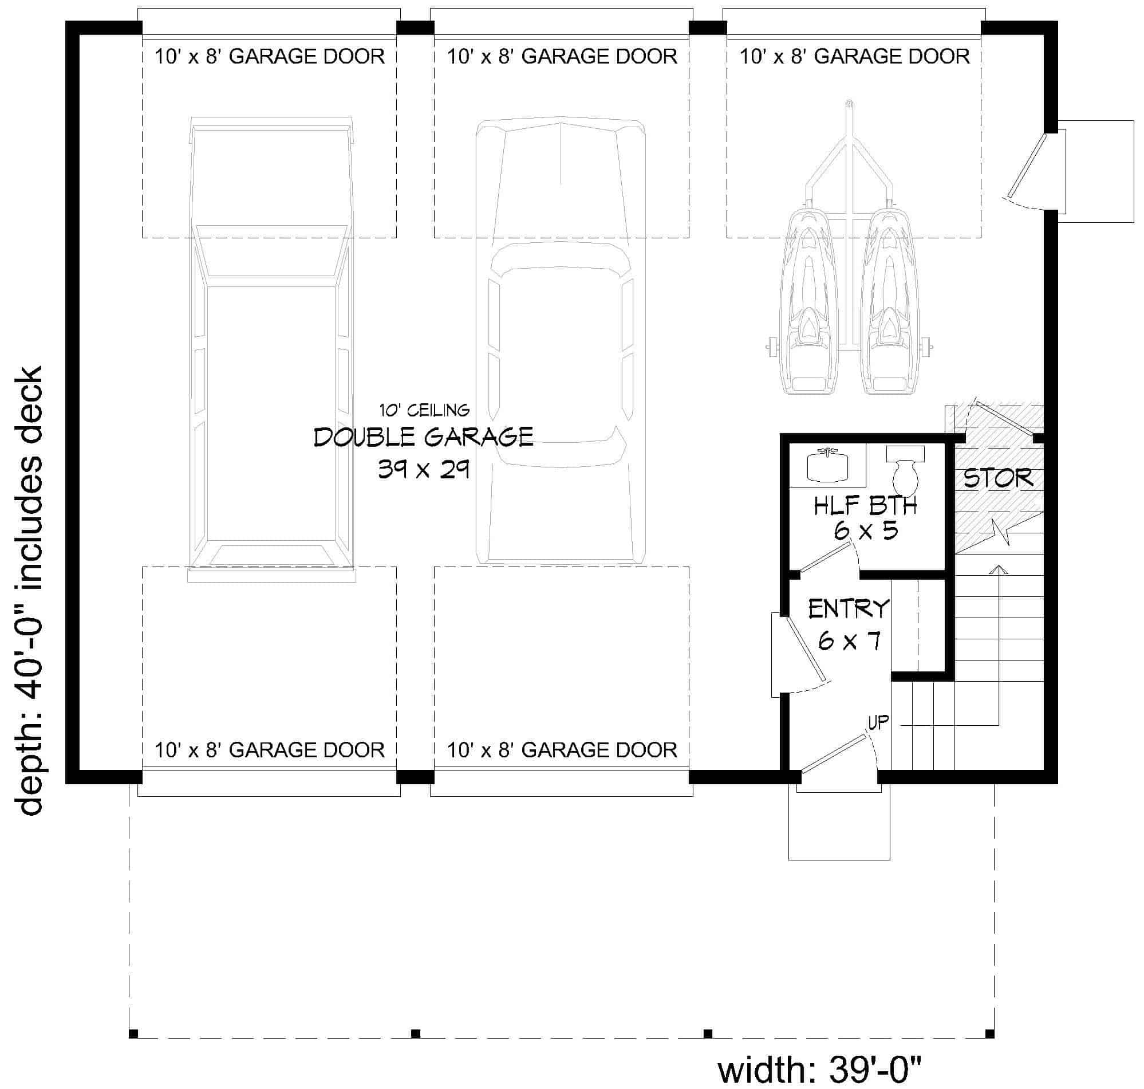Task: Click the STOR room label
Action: coord(998,478)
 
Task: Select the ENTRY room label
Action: coord(849,609)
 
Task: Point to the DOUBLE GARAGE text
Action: coord(424,437)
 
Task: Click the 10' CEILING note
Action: coord(424,410)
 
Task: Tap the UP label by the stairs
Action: coord(878,722)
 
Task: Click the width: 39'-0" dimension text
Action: coord(820,1070)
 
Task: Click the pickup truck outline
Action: coord(271,349)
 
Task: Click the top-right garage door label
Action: coord(854,56)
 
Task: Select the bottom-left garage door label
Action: coord(269,750)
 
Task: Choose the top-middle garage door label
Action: coord(562,56)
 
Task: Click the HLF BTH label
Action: coord(865,506)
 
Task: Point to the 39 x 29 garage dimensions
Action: coord(424,469)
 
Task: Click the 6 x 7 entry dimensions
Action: coord(849,641)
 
